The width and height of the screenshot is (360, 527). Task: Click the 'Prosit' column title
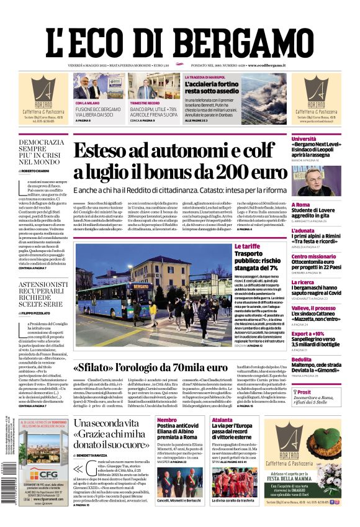pyautogui.click(x=304, y=392)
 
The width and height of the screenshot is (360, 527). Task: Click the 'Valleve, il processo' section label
pyautogui.click(x=313, y=308)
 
